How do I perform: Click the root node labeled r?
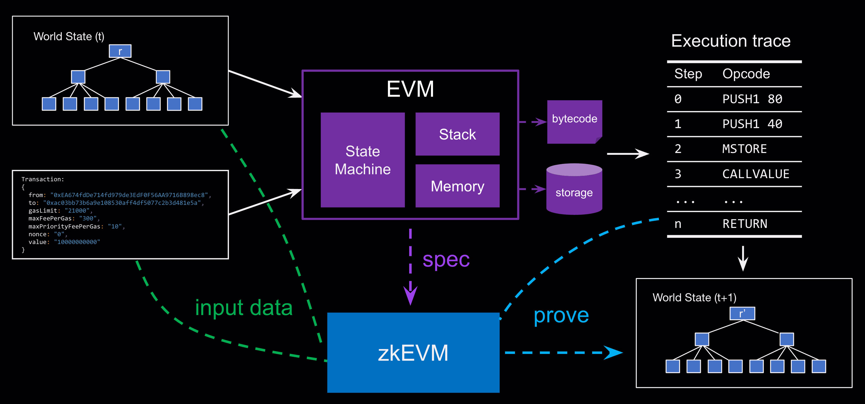coord(120,51)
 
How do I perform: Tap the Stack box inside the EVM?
coord(457,134)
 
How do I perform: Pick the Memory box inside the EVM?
coord(457,186)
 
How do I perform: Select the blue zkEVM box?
coord(413,353)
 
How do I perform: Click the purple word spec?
coord(446,260)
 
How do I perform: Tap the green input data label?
coord(244,308)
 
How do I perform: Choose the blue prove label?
coord(561,315)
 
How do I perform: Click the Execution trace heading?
coord(731,41)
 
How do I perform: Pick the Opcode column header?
coord(746,74)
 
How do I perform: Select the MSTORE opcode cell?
coord(744,149)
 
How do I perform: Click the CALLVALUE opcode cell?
coord(756,174)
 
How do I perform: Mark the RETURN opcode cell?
coord(745,224)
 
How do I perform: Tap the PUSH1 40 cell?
coord(752,124)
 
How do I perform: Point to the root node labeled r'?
coord(742,313)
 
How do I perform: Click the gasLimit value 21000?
coord(77,211)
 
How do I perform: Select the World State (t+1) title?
coord(694,297)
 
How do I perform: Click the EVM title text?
coord(410,89)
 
